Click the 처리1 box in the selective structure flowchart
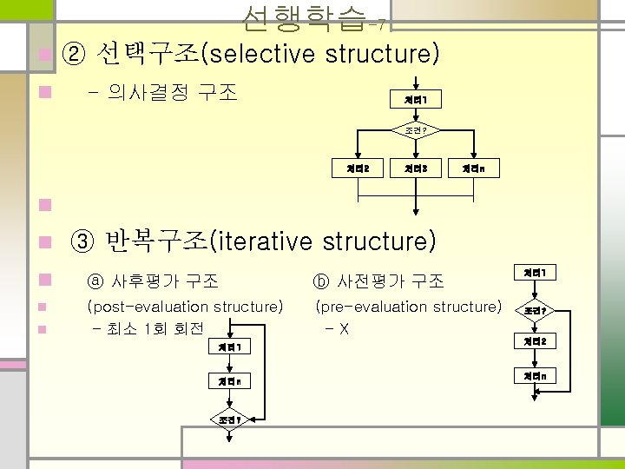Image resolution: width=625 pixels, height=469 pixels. [x=418, y=100]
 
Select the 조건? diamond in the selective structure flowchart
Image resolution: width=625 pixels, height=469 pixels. [x=418, y=131]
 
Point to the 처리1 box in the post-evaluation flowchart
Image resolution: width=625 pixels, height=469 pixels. [x=230, y=347]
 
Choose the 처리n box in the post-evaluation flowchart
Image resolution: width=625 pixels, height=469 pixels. [x=230, y=381]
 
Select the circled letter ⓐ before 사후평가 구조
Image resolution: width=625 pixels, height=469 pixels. [x=95, y=281]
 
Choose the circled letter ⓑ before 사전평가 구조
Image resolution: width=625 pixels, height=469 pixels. [x=320, y=281]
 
